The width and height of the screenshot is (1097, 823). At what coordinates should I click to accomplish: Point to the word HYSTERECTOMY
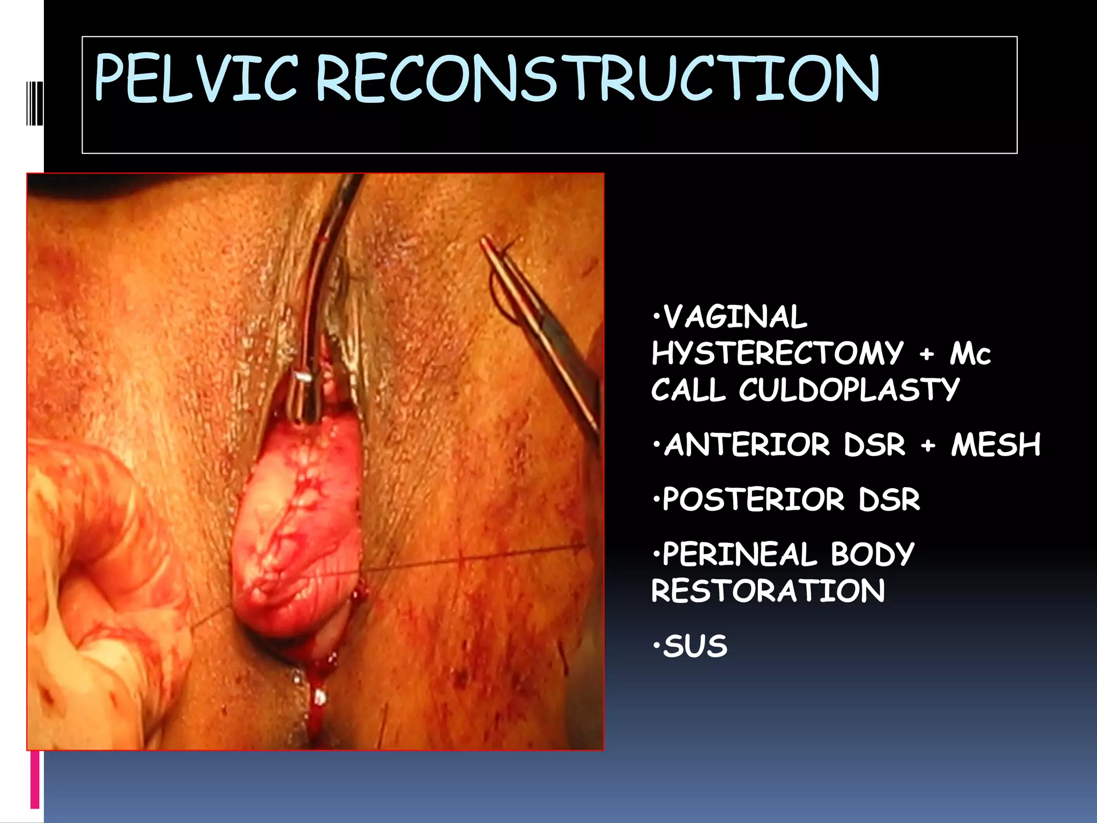(777, 353)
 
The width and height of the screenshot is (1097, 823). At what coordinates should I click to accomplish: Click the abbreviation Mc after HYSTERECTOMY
(970, 354)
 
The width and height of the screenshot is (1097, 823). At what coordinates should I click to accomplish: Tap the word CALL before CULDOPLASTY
(688, 390)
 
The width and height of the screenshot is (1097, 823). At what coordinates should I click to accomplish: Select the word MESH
(996, 445)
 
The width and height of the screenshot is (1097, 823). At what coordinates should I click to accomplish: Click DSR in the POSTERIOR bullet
(889, 499)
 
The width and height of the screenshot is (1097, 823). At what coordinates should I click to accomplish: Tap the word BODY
(872, 554)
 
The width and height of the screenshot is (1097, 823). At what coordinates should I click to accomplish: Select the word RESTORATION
(768, 591)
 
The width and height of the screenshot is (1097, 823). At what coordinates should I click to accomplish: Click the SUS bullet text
(695, 646)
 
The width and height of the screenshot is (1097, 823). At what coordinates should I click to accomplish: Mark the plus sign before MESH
(928, 445)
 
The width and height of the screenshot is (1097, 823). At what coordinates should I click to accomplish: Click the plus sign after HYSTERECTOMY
(927, 354)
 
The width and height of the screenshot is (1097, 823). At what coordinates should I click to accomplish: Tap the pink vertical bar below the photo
(35, 779)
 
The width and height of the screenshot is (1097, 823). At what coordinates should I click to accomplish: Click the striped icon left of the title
(35, 103)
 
